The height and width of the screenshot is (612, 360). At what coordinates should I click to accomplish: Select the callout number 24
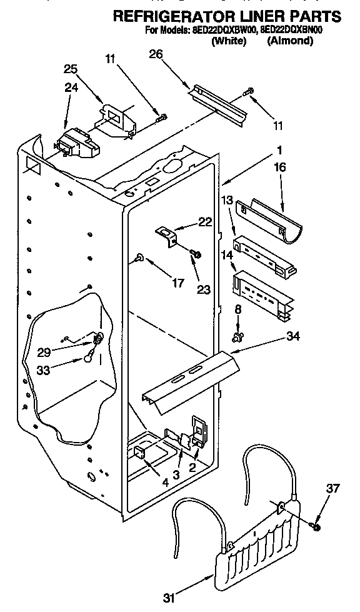click(x=71, y=88)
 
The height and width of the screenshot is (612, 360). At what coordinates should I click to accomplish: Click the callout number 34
click(x=292, y=336)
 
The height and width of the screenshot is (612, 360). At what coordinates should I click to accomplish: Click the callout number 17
click(x=177, y=283)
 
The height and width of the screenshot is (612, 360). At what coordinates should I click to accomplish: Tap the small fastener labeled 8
click(x=237, y=338)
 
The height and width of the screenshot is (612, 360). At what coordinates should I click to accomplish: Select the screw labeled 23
click(x=195, y=254)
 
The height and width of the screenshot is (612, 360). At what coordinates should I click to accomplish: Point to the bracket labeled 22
click(x=167, y=235)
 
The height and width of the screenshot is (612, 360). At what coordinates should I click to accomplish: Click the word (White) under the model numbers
click(x=229, y=41)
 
